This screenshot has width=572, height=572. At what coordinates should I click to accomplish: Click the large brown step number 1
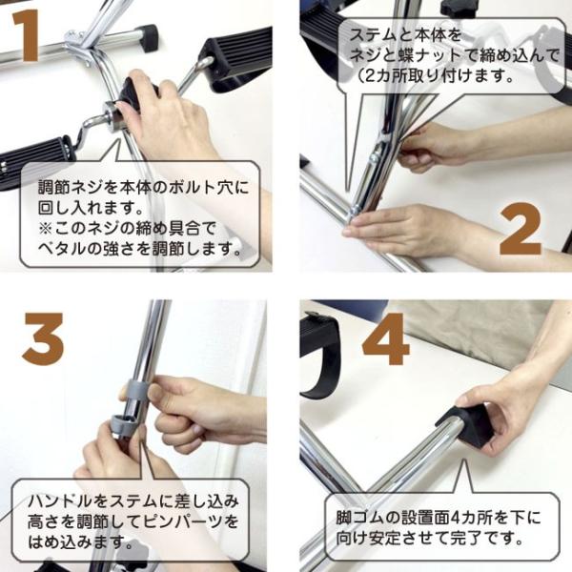26,35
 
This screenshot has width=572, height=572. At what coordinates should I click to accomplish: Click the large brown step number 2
521,229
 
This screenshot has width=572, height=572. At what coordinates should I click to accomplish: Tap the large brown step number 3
44,338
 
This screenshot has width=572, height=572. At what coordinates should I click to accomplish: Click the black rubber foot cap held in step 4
468,424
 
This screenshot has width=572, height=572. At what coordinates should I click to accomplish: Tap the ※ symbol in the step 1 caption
47,229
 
